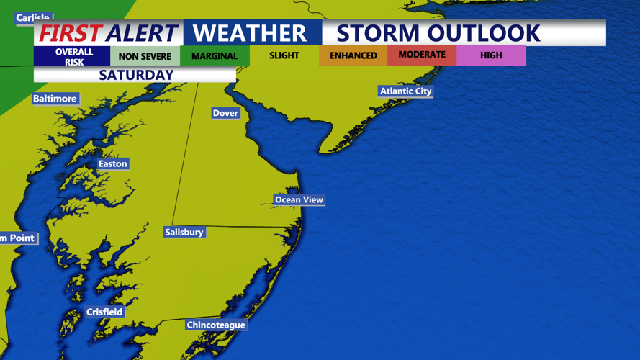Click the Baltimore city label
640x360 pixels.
[55, 99]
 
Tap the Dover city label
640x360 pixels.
[225, 113]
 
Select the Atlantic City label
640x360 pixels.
[405, 91]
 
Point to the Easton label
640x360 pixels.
[112, 164]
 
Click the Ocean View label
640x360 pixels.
[299, 199]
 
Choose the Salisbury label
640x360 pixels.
[184, 232]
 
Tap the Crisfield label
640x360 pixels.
[104, 312]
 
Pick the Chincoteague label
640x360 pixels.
[216, 325]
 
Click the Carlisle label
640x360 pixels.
[33, 17]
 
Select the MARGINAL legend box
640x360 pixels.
[215, 55]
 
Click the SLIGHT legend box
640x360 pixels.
[284, 55]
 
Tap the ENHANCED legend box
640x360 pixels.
[353, 55]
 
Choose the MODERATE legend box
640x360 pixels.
[422, 55]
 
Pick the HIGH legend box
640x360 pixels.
[491, 55]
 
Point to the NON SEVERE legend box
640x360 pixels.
[145, 55]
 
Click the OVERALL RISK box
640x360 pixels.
[73, 56]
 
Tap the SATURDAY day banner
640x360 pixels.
[136, 75]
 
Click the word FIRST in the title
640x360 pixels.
[70, 33]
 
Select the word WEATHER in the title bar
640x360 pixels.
[250, 33]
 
